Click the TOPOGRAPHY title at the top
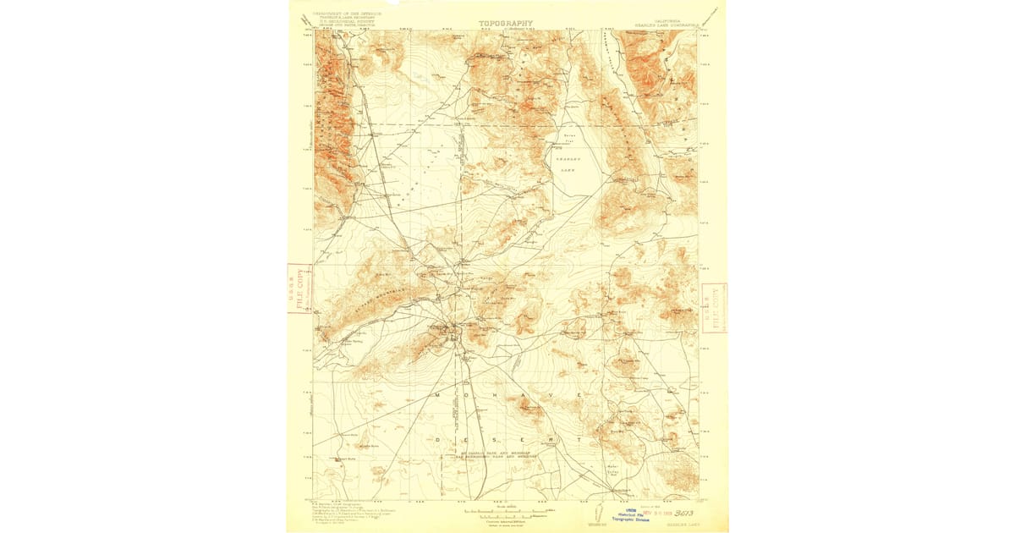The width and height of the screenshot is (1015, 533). (x=506, y=24)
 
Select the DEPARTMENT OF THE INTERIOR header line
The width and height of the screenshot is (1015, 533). (x=347, y=14)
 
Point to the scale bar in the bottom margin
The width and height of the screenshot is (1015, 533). (x=506, y=511)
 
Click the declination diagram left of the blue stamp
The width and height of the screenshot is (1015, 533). (x=593, y=513)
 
